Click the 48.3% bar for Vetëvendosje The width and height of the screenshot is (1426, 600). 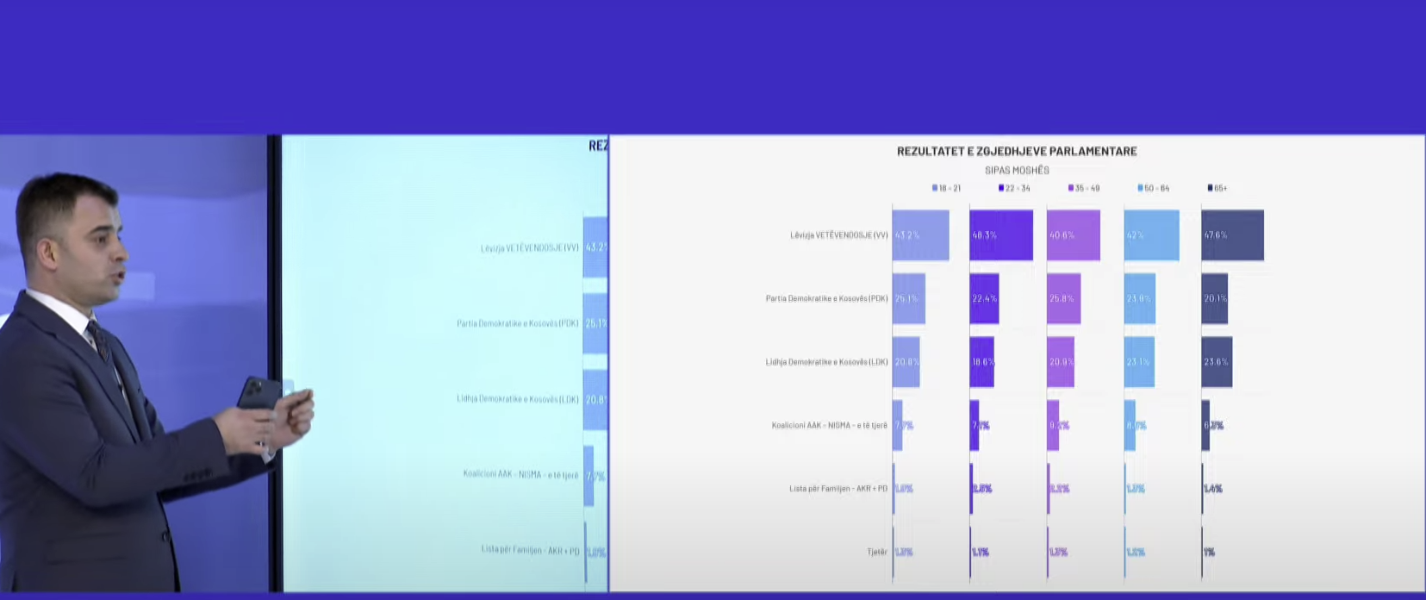pos(1000,235)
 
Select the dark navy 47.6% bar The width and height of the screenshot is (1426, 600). pos(1232,235)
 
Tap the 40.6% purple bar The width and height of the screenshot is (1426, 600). pos(1073,235)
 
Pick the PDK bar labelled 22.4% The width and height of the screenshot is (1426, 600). pos(984,298)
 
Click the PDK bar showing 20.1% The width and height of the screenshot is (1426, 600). pos(1214,298)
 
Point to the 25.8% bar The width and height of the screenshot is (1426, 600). pos(1063,298)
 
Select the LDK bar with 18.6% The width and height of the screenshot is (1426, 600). pos(981,362)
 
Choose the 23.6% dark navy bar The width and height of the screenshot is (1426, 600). pos(1217,362)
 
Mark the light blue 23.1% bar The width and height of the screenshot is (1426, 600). pos(1139,362)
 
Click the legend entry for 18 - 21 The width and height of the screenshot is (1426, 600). pos(947,188)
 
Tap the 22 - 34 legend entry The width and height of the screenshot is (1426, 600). pos(1015,188)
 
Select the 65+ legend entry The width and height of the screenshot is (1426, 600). pos(1218,188)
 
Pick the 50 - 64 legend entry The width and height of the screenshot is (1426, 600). pos(1154,188)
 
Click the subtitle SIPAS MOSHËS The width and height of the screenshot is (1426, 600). pos(1017,171)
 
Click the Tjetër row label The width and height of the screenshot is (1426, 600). pos(877,552)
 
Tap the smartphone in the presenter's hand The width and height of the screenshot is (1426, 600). pos(258,400)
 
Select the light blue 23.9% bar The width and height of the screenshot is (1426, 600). pos(1139,298)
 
